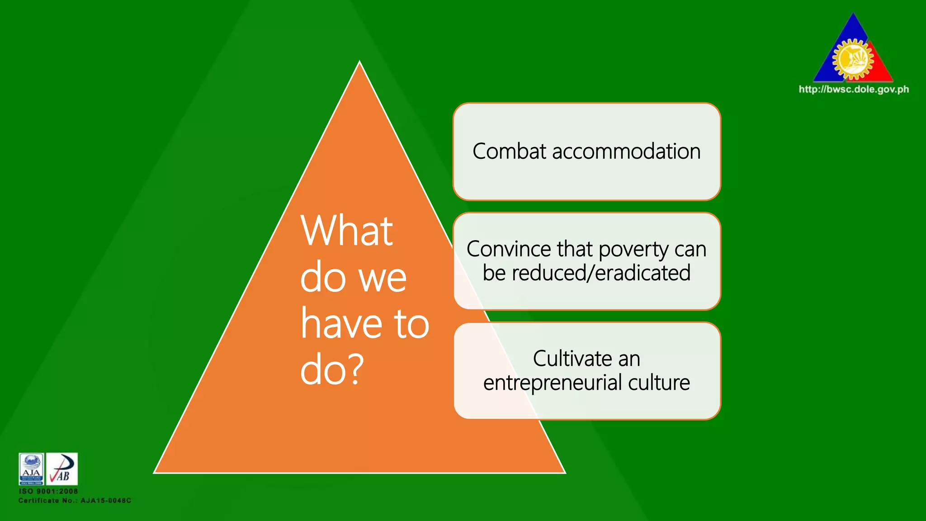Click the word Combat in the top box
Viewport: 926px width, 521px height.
click(x=509, y=152)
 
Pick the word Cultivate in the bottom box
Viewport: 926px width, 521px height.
click(x=572, y=359)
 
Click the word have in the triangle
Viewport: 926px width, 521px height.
click(x=342, y=324)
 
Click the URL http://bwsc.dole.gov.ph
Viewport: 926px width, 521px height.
click(x=854, y=89)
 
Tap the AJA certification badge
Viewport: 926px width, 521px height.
click(x=31, y=469)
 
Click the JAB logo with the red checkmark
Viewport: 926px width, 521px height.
click(x=62, y=469)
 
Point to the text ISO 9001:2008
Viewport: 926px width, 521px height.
click(x=48, y=491)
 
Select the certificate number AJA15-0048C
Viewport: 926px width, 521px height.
click(x=106, y=501)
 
